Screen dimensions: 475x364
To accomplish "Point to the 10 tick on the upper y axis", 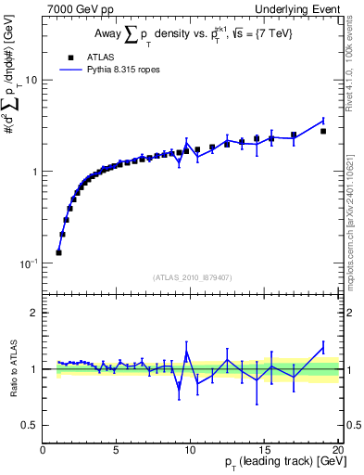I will pos(33,80).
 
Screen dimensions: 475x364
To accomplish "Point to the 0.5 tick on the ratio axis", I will pos(32,425).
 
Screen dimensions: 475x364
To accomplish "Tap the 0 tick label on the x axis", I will pos(44,450).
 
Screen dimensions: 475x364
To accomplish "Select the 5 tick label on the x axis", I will pos(116,450).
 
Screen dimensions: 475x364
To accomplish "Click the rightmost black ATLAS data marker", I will pos(323,131).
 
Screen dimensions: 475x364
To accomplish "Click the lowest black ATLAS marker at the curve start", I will pos(59,251).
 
